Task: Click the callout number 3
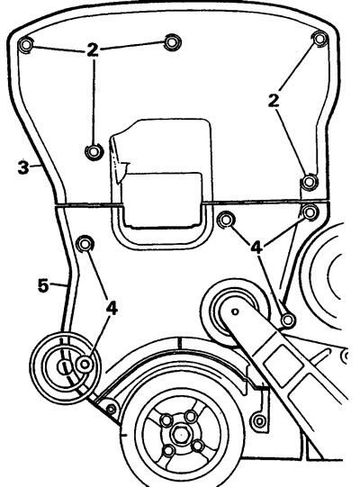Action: pos(23,167)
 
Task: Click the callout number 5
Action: pos(43,285)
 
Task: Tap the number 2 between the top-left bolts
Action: pos(93,50)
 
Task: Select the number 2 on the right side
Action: pos(274,101)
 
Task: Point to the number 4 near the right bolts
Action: pos(256,248)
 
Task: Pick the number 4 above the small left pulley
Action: pos(112,309)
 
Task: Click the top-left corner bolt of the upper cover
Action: pos(26,45)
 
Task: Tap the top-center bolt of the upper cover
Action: pos(172,42)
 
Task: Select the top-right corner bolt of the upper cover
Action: pos(319,39)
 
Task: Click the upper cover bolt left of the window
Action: pos(94,151)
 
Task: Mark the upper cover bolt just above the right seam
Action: pos(310,181)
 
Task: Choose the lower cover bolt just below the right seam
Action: pos(310,212)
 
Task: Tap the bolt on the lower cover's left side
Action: pos(85,244)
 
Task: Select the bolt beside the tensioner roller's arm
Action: pos(288,320)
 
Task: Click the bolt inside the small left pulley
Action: pos(85,364)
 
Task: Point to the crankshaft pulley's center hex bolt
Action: pos(179,434)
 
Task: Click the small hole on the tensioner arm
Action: pos(235,311)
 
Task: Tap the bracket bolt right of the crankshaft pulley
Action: pos(258,421)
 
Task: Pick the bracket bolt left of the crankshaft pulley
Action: pos(112,410)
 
